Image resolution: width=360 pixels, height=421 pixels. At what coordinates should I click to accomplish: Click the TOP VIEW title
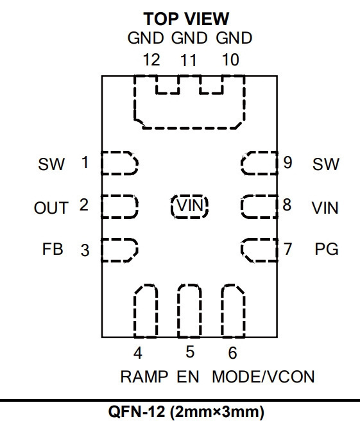coord(186,19)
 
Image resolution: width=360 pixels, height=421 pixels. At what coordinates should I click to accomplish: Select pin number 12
coord(151,60)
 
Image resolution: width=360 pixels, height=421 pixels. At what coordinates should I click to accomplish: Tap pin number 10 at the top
coord(230,60)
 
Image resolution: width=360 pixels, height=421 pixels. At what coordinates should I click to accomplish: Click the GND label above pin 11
coord(189,38)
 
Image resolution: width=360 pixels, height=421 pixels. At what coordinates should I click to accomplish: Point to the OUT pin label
coord(51,208)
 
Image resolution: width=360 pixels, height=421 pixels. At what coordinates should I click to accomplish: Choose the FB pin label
coord(53,249)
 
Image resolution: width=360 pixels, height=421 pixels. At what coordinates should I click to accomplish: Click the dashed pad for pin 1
coord(119,163)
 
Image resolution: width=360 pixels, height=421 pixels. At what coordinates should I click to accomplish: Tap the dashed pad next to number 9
coord(259,163)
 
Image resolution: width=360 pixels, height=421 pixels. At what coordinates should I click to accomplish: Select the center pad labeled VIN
coord(189,206)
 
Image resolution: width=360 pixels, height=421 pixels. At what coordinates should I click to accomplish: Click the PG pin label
coord(327,249)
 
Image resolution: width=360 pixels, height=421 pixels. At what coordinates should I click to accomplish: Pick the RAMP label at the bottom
coord(144,377)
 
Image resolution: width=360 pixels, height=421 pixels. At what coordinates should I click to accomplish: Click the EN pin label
coord(188,377)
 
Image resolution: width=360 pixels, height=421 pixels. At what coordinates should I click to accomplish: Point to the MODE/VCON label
coord(263,377)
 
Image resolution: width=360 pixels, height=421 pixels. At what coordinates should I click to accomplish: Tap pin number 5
coord(190,352)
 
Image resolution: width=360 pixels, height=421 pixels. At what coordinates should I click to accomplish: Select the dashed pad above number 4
coord(146,311)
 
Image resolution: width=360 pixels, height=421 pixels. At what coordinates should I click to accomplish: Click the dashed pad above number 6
coord(233,311)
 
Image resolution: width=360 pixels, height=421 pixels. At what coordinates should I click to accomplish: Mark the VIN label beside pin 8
coord(325,208)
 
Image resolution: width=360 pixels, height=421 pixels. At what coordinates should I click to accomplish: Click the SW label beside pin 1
coord(51,164)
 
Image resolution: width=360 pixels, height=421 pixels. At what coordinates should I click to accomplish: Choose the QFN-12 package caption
coord(186,411)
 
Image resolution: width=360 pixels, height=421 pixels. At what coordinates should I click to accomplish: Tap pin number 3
coord(85,250)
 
